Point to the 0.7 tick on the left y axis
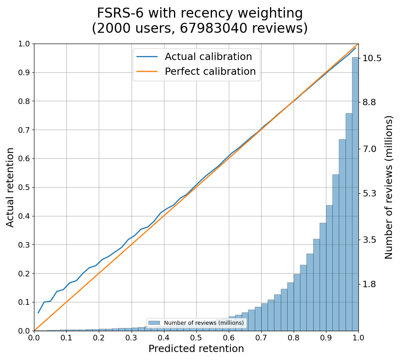point(25,130)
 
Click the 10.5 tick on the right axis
point(372,58)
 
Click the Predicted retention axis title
point(196,349)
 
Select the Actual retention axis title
point(10,187)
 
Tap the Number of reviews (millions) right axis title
point(389,187)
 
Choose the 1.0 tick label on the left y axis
point(25,44)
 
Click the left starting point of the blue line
point(38,313)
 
